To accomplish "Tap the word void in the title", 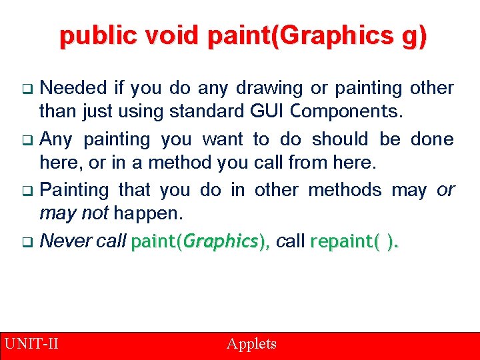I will coord(171,36).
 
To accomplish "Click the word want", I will coord(223,139).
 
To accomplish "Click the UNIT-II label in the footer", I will coord(31,344).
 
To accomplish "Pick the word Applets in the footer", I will coord(251,344).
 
